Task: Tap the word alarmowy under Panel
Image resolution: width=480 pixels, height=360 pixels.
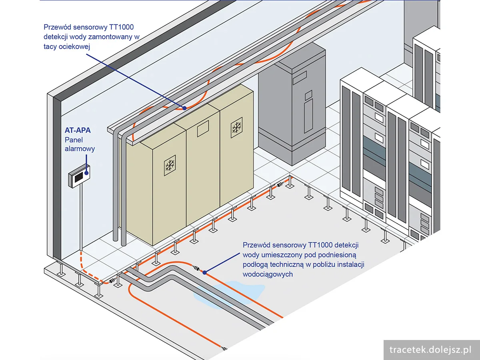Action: click(x=80, y=149)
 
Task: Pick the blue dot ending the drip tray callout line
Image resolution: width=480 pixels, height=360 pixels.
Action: click(x=184, y=108)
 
